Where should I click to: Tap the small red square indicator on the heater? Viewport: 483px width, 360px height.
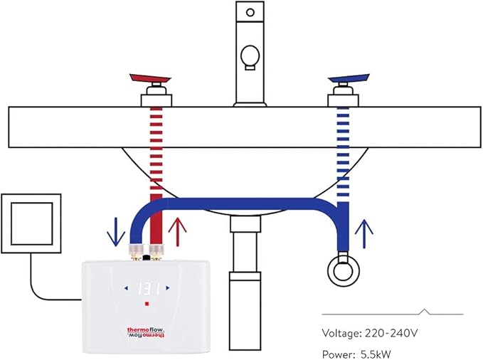(x=146, y=304)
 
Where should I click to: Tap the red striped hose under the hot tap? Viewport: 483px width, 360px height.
(x=154, y=157)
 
